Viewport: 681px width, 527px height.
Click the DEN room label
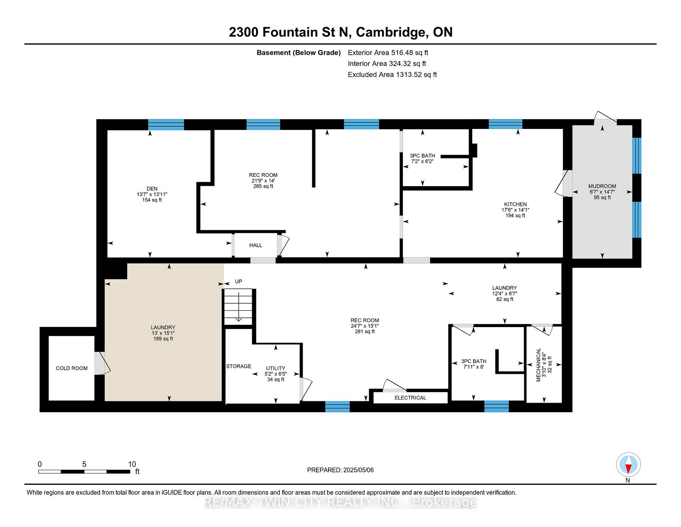(152, 189)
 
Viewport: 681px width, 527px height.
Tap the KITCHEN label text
(515, 204)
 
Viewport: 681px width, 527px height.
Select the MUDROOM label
(602, 186)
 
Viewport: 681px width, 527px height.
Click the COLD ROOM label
(72, 368)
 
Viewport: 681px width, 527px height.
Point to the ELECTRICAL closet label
(410, 398)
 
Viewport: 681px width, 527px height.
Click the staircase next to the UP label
(238, 306)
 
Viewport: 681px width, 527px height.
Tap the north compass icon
(628, 464)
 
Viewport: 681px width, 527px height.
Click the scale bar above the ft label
(84, 472)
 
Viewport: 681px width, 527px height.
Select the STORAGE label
(239, 366)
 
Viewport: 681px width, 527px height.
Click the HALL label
(256, 245)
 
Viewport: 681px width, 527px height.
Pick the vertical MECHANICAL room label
(538, 365)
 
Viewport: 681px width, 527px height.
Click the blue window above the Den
(166, 125)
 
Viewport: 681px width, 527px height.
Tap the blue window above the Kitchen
(505, 124)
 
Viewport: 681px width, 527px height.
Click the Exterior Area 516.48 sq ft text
(388, 53)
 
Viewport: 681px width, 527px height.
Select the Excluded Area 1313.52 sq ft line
(392, 75)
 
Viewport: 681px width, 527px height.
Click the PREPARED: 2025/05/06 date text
(340, 470)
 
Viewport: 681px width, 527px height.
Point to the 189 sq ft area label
(163, 339)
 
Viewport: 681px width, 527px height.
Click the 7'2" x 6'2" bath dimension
(422, 161)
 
